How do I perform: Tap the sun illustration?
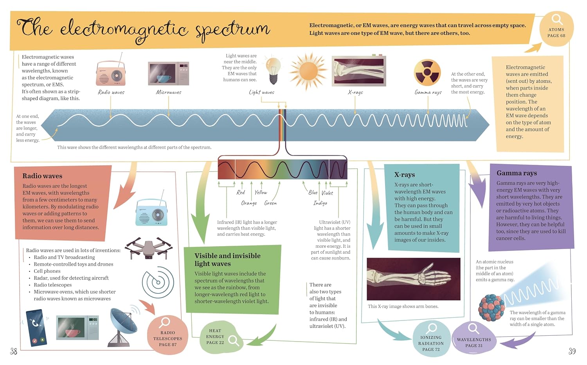pyautogui.click(x=308, y=71)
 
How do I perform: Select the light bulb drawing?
pyautogui.click(x=273, y=70)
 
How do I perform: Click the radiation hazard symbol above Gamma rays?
pyautogui.click(x=427, y=72)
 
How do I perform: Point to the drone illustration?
pyautogui.click(x=149, y=248)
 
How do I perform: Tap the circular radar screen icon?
pyautogui.click(x=158, y=282)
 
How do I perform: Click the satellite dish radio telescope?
pyautogui.click(x=123, y=327)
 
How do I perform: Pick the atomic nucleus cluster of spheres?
pyautogui.click(x=492, y=308)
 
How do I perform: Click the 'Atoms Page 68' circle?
pyautogui.click(x=556, y=29)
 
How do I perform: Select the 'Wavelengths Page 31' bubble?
pyautogui.click(x=474, y=338)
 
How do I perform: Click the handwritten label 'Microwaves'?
pyautogui.click(x=169, y=92)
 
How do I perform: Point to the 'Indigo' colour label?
pyautogui.click(x=320, y=203)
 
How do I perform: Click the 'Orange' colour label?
pyautogui.click(x=249, y=203)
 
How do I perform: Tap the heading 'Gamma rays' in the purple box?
pyautogui.click(x=517, y=173)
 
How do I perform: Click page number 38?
pyautogui.click(x=14, y=351)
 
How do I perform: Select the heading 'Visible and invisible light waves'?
pyautogui.click(x=227, y=259)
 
